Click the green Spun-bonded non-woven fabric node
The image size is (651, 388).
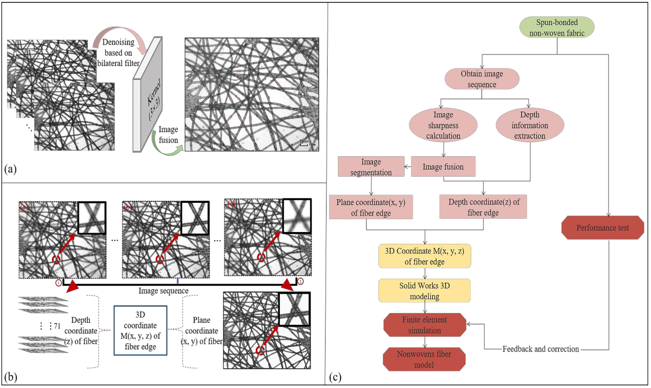(557, 27)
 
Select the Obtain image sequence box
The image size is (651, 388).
(482, 79)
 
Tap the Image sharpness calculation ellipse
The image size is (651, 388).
(443, 125)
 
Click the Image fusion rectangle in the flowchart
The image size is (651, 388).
(443, 166)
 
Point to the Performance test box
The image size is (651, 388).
(602, 228)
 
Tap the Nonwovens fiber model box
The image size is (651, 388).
(424, 359)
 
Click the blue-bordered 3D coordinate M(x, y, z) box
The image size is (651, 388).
(140, 330)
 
